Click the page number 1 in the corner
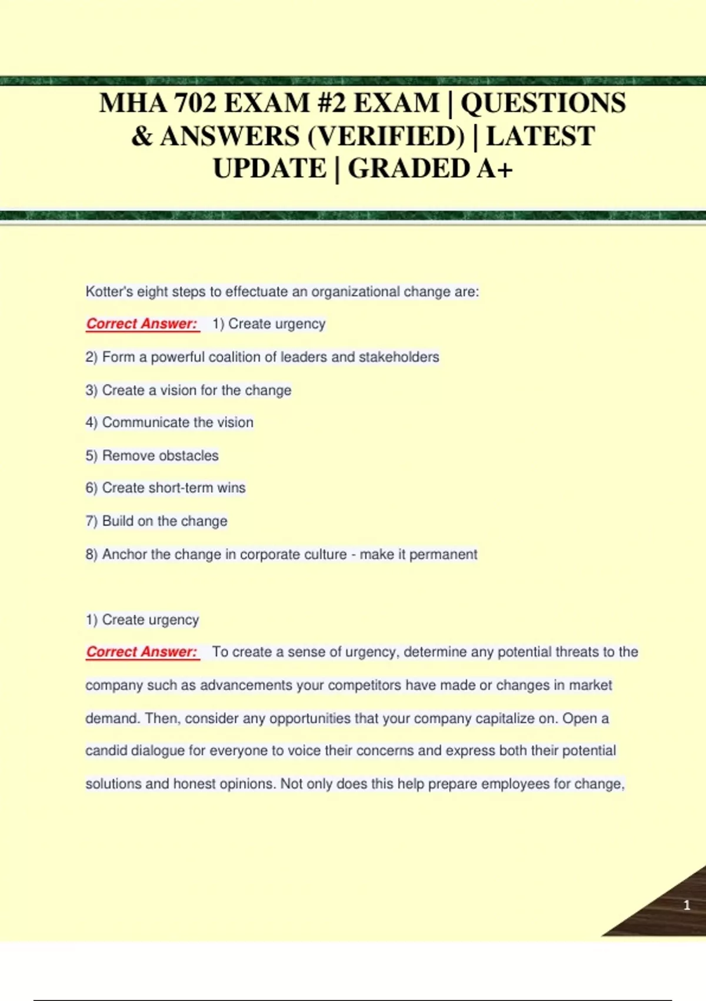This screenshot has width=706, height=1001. (x=687, y=905)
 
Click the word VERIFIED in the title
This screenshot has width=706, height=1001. (x=386, y=136)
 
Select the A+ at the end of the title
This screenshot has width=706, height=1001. (x=495, y=169)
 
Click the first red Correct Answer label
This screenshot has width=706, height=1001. (x=142, y=324)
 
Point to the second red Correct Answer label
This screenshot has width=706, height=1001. (x=142, y=652)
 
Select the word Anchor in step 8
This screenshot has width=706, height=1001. (x=124, y=554)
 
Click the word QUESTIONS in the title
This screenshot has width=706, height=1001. (x=543, y=103)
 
